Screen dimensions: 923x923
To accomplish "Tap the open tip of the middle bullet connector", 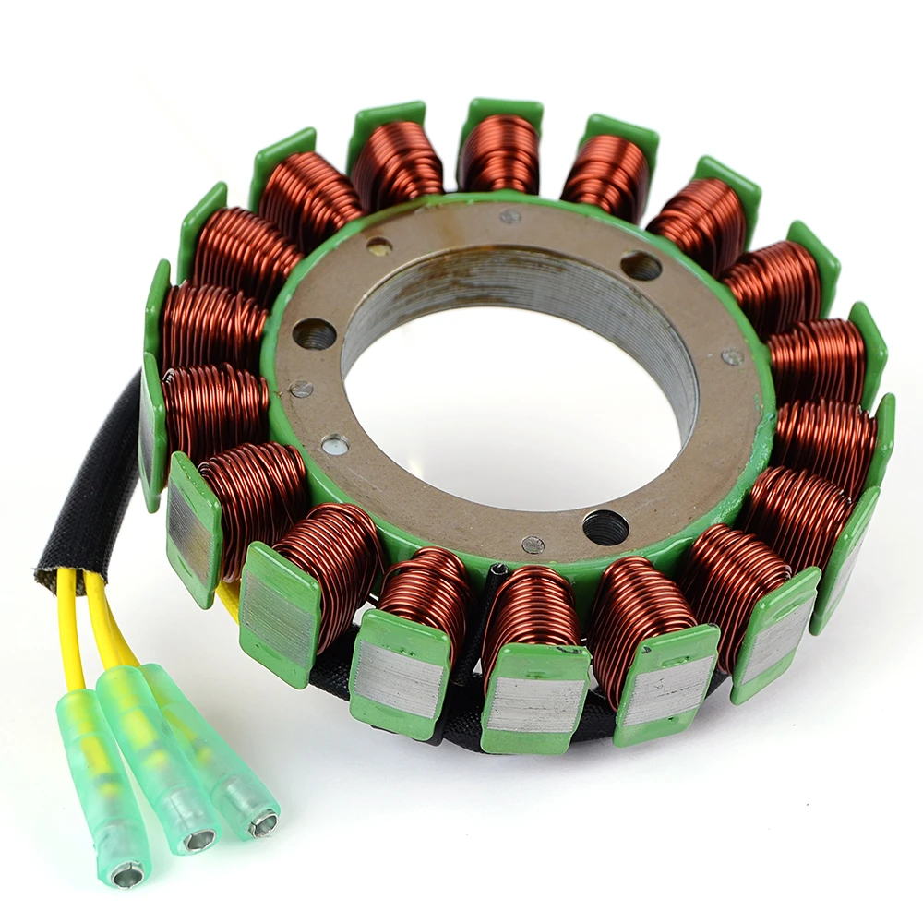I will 199,839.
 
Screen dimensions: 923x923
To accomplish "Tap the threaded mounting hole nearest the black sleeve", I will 315,333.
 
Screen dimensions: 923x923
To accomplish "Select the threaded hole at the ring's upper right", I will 641,266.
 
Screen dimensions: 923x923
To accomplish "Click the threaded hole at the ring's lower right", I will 605,527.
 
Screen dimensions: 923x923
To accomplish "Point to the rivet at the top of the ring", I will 509,216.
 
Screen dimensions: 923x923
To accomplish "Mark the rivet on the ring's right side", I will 732,356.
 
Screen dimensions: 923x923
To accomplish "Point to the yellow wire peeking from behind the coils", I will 227,601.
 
